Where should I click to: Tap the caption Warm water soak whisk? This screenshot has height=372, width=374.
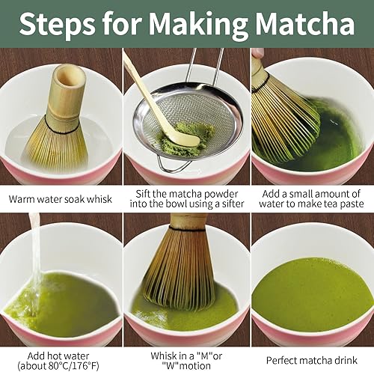61,199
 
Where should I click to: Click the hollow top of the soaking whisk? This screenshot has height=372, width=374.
70,76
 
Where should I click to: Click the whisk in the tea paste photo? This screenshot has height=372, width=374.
280,112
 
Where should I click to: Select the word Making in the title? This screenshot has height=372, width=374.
186,24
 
